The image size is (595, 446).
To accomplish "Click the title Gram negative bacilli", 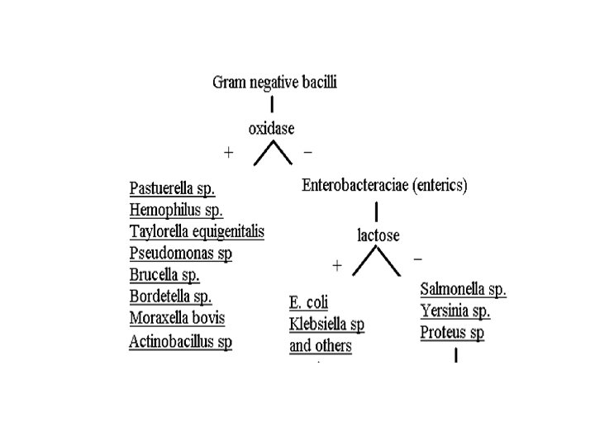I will pyautogui.click(x=275, y=82).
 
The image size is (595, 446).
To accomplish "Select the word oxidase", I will pyautogui.click(x=271, y=128).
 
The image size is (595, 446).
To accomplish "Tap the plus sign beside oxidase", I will pyautogui.click(x=229, y=153).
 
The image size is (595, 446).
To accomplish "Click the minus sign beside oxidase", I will pyautogui.click(x=308, y=153).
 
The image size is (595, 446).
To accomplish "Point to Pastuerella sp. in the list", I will pyautogui.click(x=172, y=188).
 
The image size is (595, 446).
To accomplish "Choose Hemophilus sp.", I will pyautogui.click(x=176, y=210).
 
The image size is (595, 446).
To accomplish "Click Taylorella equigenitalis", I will pyautogui.click(x=197, y=231).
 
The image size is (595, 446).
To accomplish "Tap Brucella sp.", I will pyautogui.click(x=164, y=275).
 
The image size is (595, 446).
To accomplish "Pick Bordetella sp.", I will pyautogui.click(x=170, y=297).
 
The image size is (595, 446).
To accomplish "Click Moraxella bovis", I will pyautogui.click(x=177, y=318).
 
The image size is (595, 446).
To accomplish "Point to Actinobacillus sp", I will pyautogui.click(x=180, y=341).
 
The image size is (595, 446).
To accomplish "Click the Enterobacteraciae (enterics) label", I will pyautogui.click(x=384, y=186).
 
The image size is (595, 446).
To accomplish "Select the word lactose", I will pyautogui.click(x=378, y=235).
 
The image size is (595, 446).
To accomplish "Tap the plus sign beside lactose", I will pyautogui.click(x=336, y=266).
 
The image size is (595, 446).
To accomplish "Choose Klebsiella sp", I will pyautogui.click(x=326, y=324).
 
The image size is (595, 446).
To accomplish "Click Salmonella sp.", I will pyautogui.click(x=463, y=290).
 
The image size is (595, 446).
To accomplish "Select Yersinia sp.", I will pyautogui.click(x=455, y=311).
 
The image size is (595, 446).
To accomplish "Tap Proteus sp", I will pyautogui.click(x=452, y=333).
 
